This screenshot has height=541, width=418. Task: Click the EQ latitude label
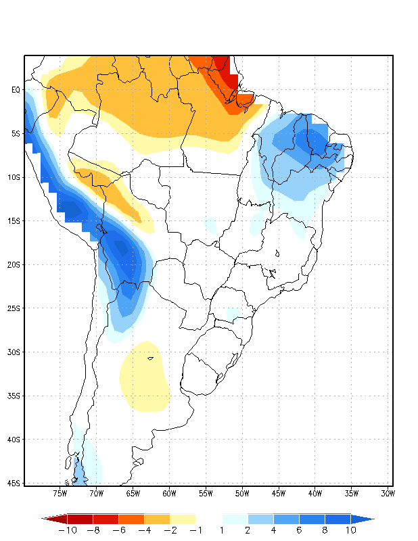(16, 89)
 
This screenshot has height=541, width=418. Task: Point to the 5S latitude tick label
(16, 133)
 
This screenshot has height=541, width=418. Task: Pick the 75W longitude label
(60, 494)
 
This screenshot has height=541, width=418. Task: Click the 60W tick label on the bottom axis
(169, 494)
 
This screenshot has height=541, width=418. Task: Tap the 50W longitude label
(241, 494)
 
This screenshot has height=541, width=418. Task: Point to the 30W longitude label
(388, 494)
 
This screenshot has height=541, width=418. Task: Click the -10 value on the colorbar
(67, 531)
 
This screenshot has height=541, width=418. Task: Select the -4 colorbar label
(143, 531)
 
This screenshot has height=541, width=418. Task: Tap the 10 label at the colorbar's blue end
(350, 531)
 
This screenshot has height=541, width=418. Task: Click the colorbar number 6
(299, 531)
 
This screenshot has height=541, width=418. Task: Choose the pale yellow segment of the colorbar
(183, 519)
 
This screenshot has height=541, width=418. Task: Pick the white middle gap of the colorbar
(208, 519)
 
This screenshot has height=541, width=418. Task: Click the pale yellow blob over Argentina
(143, 382)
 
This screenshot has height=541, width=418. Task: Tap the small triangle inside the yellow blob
(150, 358)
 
